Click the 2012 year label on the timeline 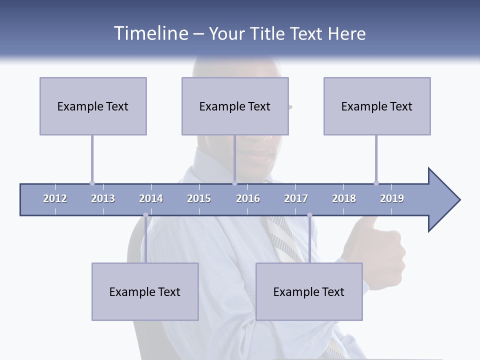[55, 198]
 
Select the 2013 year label [103, 198]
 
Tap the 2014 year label [151, 198]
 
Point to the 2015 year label [199, 198]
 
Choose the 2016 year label [248, 198]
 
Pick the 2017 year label [296, 198]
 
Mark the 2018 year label [344, 198]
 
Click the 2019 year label [392, 198]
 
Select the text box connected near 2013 [93, 106]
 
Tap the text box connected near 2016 [235, 106]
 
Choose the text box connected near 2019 [377, 106]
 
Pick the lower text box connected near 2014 [145, 292]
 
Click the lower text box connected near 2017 [309, 292]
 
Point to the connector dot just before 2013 [92, 183]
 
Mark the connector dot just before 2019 [376, 183]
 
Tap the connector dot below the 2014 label [145, 215]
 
